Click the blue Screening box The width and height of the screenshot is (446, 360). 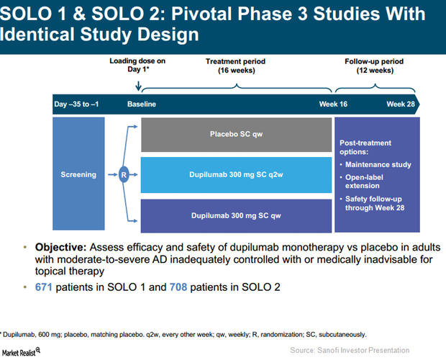(x=78, y=174)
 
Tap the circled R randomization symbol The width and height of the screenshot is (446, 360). (x=124, y=174)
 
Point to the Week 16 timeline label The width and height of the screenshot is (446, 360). (x=333, y=104)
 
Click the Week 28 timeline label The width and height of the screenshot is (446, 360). (x=400, y=104)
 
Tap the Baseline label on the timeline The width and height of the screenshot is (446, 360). (x=142, y=104)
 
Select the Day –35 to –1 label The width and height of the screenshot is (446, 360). (x=76, y=104)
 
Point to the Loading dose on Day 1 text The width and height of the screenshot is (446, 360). (x=137, y=66)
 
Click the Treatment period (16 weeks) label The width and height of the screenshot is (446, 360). (x=237, y=66)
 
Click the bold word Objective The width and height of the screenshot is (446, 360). (x=60, y=247)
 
